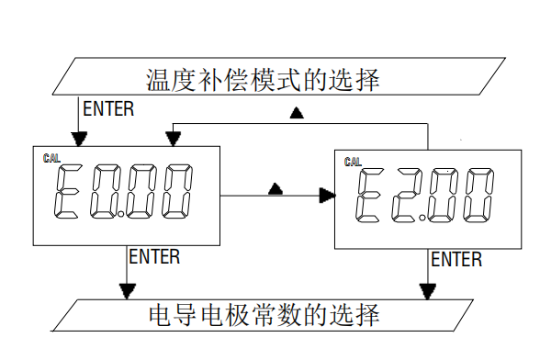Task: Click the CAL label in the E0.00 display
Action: point(52,158)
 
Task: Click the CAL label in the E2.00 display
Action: point(353,163)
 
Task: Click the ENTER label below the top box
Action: point(108,108)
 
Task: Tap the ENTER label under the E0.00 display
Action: point(154,257)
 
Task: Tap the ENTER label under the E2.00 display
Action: point(456,260)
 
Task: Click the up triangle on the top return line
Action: point(297,114)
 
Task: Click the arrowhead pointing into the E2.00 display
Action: point(326,195)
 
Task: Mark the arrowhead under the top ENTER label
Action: point(80,138)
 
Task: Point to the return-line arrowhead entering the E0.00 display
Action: point(172,138)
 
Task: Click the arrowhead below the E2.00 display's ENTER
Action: point(427,292)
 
